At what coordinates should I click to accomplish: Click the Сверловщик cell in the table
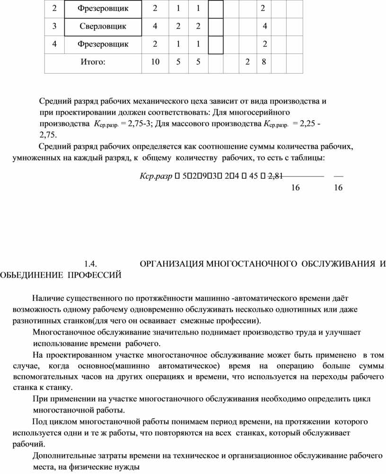[103, 26]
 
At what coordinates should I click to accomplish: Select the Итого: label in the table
[93, 62]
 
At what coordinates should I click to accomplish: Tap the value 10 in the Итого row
[155, 62]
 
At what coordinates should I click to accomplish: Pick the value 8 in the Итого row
[263, 62]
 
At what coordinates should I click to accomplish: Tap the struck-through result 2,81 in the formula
[275, 176]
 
